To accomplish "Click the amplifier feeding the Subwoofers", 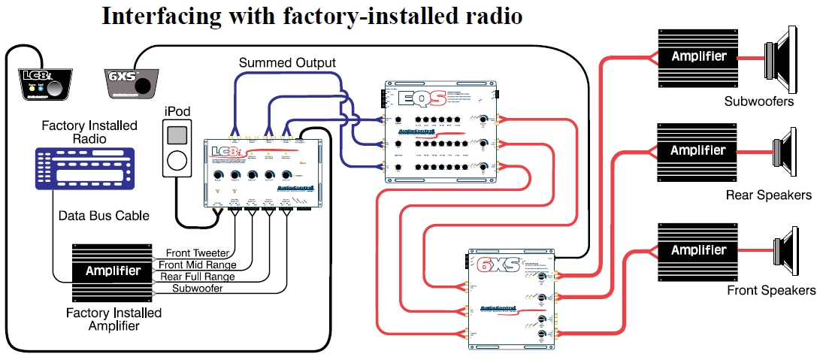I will [x=699, y=56].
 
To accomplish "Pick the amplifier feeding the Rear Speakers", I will [x=699, y=150].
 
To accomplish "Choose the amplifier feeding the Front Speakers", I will [x=699, y=250].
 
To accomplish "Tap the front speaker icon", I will [x=786, y=250].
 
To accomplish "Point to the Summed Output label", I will [x=287, y=62].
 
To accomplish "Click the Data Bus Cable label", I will [x=104, y=216].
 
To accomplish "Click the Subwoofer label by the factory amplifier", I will [x=197, y=289].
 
